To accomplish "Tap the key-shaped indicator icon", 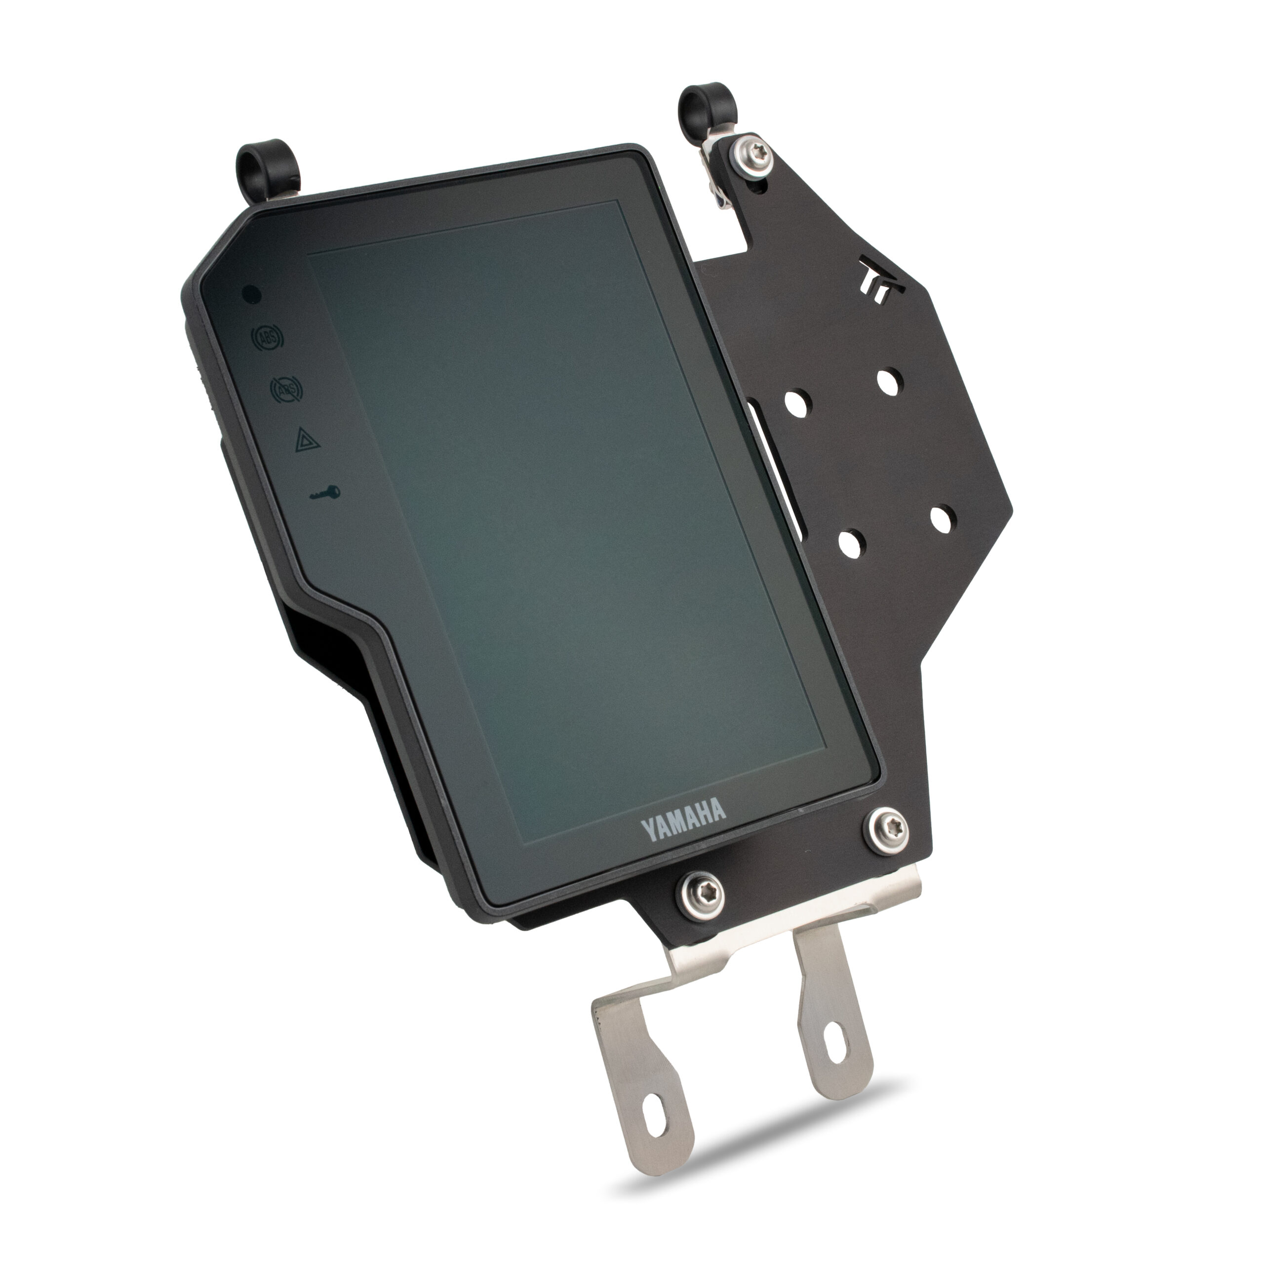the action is (x=324, y=493).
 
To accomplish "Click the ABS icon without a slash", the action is (x=267, y=339).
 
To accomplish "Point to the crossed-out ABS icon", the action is (x=286, y=391).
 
